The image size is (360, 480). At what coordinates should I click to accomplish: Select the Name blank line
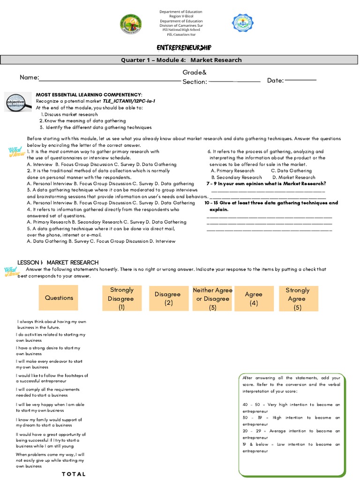click(110, 81)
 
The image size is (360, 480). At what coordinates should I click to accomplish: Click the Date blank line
click(300, 80)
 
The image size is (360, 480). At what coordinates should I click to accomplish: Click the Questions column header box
click(59, 298)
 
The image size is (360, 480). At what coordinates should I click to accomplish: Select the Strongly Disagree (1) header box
click(121, 299)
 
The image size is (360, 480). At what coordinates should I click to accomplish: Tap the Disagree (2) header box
click(167, 299)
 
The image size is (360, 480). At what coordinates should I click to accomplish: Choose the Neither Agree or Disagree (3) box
click(212, 299)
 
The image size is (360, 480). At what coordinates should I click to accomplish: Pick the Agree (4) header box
click(254, 299)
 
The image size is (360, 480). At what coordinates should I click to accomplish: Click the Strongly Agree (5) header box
click(298, 299)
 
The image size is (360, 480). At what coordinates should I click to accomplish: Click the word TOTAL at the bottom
click(74, 474)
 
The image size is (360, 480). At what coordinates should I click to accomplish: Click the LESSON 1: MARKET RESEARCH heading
click(58, 262)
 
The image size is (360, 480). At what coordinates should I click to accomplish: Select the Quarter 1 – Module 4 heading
click(181, 60)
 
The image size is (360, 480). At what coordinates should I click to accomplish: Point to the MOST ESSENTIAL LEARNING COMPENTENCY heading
click(89, 95)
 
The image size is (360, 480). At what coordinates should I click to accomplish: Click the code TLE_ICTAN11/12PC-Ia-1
click(128, 101)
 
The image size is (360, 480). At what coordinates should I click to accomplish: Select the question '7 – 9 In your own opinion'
click(266, 184)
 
